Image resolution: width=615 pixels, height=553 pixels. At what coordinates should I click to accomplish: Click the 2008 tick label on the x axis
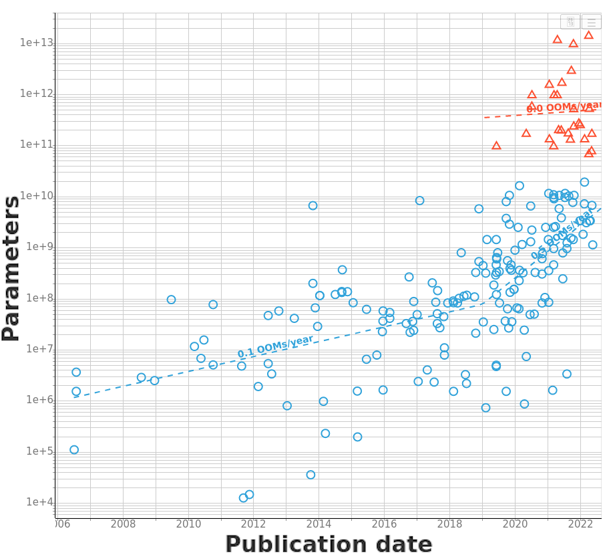coord(123,524)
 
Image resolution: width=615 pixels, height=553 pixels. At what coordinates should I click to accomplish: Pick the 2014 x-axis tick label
coord(319,524)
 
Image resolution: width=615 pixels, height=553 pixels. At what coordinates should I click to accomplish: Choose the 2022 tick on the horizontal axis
coord(581,524)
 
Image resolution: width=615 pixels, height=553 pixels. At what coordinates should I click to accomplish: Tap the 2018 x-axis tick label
coord(450,524)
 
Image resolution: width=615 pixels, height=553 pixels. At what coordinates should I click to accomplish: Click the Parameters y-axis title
coord(11,268)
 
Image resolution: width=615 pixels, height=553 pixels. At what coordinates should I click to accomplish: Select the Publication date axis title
coord(329,544)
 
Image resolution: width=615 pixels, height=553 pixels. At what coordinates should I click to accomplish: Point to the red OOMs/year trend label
coord(564,106)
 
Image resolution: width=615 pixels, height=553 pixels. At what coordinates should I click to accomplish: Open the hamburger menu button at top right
coord(591,22)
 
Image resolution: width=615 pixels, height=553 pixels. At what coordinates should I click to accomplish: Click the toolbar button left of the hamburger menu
coord(570,22)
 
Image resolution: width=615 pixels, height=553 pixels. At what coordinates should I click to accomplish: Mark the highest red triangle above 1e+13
coord(588,35)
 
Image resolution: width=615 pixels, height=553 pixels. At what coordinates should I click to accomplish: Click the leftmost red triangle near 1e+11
coord(496,145)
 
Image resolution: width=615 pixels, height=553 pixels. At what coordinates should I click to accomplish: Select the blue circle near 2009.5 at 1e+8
coord(171,300)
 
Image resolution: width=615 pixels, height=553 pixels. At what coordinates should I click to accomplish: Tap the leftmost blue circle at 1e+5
coord(74,450)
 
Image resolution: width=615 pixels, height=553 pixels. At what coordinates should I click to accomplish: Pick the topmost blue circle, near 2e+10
coord(584,182)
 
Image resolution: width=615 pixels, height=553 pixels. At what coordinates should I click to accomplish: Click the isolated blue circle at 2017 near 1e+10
coord(419,201)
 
